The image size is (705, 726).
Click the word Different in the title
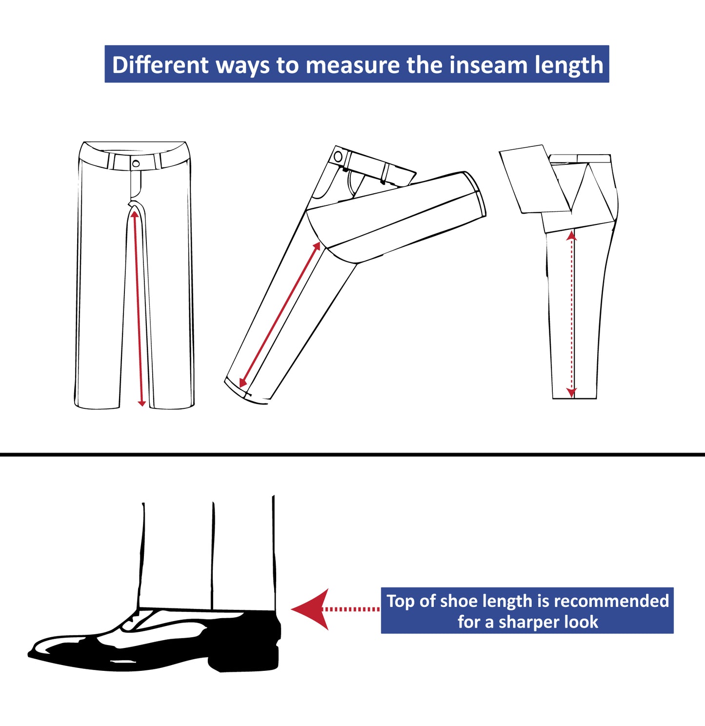click(x=160, y=65)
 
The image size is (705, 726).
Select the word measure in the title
click(x=352, y=65)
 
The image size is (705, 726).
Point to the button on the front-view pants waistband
click(x=136, y=163)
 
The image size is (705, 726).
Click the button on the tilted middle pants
click(x=338, y=156)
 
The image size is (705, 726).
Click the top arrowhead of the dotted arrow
click(x=571, y=236)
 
